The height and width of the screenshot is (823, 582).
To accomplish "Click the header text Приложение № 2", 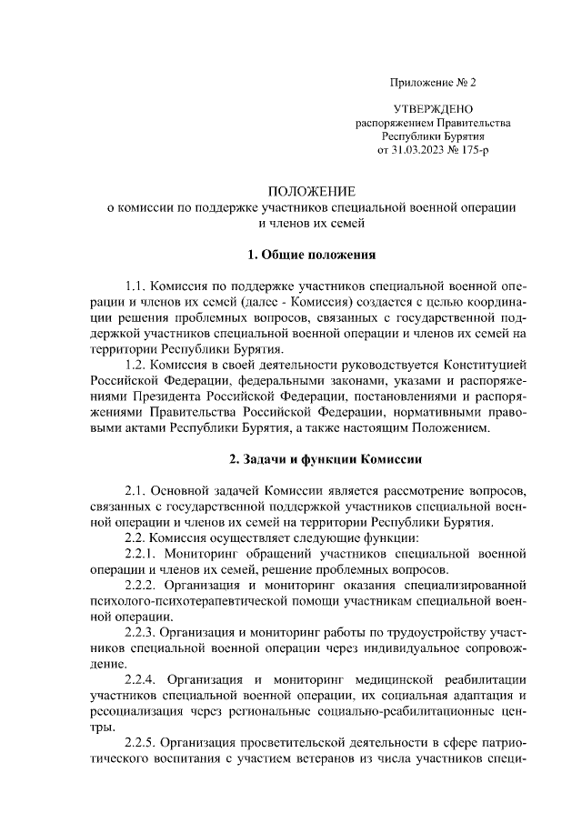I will point(433,83).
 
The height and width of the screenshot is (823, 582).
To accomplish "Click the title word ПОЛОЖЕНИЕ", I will point(311,192).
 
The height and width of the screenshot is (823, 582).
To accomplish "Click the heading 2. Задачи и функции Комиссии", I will point(311,458).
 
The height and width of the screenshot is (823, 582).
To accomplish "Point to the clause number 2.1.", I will point(135,490).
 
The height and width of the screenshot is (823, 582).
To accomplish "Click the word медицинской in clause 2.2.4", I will point(393,679).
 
